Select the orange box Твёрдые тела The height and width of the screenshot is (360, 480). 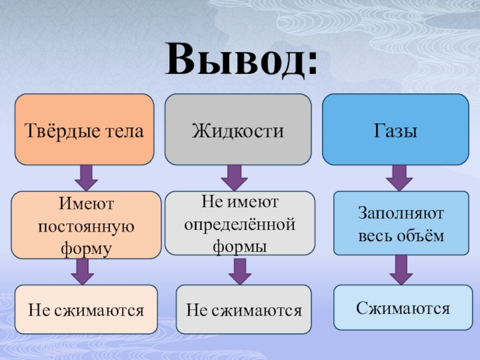(84, 130)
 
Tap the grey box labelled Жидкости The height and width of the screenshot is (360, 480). (238, 130)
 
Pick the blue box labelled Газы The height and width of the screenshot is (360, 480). (395, 130)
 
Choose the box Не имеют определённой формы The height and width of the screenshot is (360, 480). (239, 223)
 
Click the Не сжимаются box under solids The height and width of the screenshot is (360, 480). (86, 310)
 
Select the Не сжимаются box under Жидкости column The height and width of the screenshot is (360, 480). (244, 310)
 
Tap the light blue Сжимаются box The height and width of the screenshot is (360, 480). (403, 308)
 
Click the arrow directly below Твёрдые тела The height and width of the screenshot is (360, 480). (86, 178)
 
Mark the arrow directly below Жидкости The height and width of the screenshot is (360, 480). (234, 178)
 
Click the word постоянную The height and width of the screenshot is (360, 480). (86, 226)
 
